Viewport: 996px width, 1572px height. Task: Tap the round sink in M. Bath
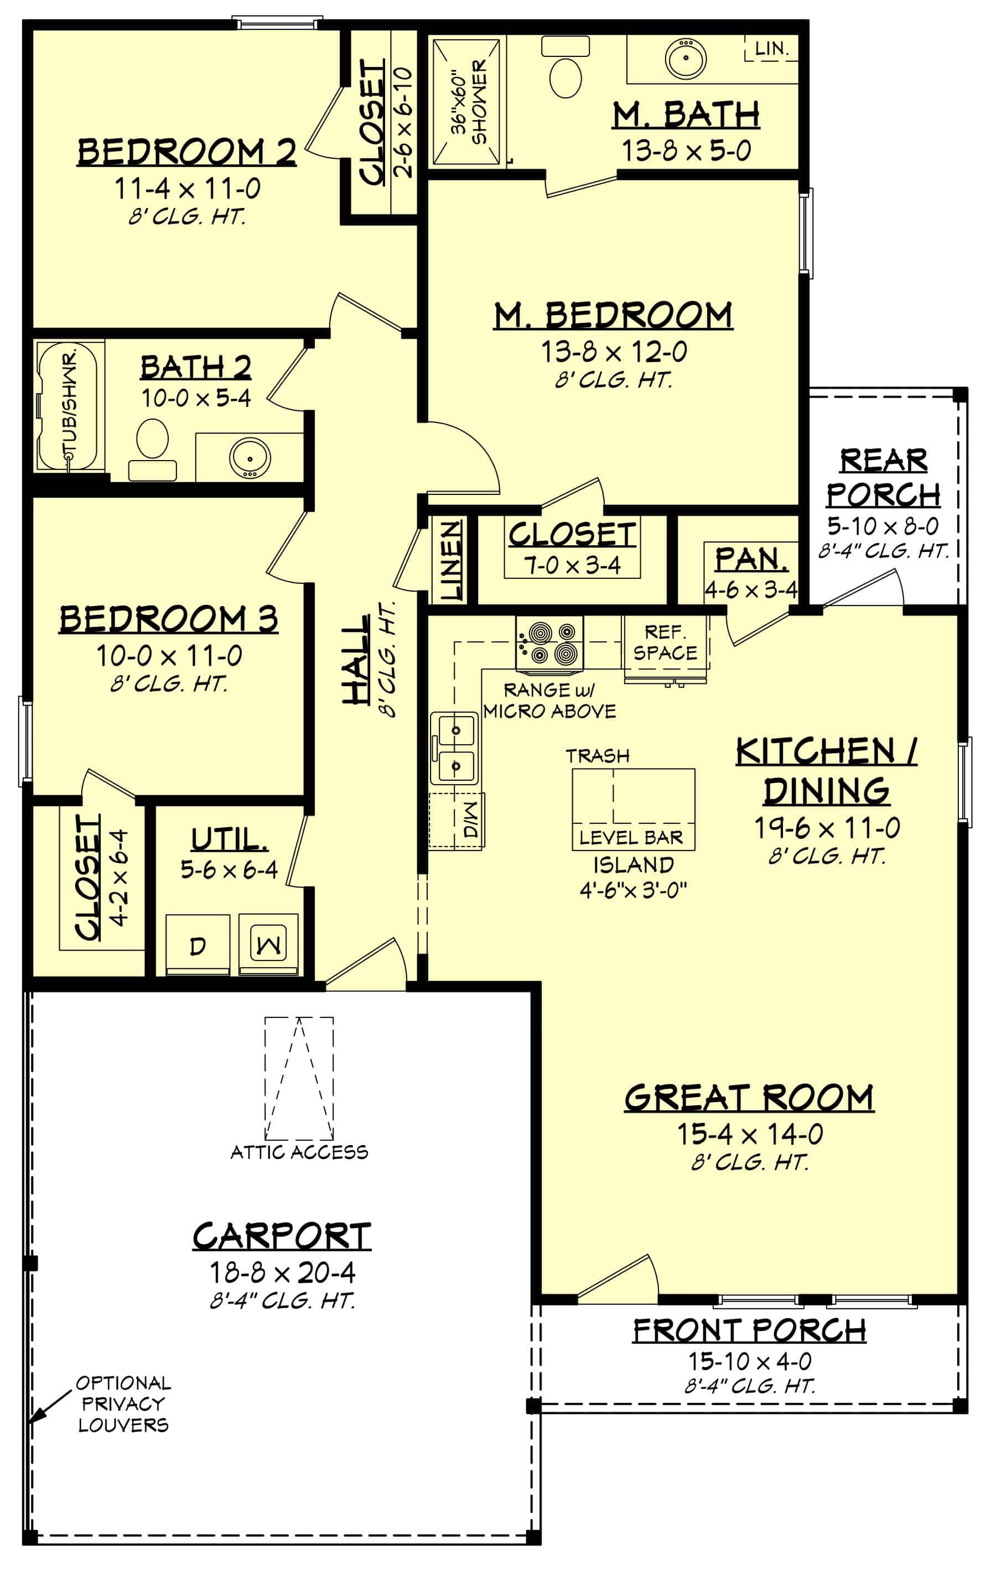685,58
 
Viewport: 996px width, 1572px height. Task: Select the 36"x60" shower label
470,101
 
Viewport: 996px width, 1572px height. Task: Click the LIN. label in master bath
772,48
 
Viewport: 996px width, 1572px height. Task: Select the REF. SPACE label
665,643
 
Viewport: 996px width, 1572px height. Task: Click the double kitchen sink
455,747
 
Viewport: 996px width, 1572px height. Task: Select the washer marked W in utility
268,944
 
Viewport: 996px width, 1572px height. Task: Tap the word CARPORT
282,1236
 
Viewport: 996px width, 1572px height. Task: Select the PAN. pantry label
750,560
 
